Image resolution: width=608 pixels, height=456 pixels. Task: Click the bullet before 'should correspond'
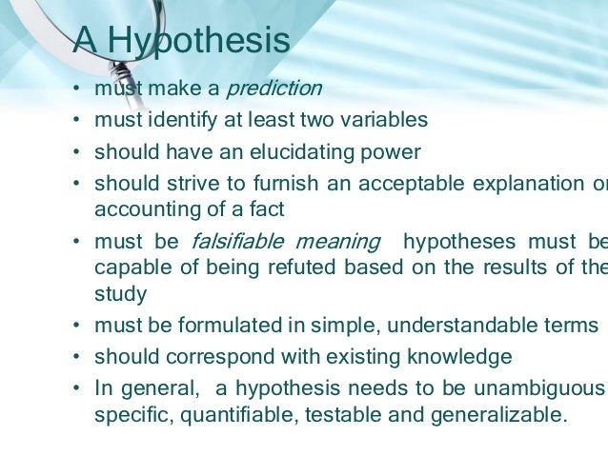(75, 358)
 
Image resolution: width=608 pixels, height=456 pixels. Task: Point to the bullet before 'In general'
(75, 388)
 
